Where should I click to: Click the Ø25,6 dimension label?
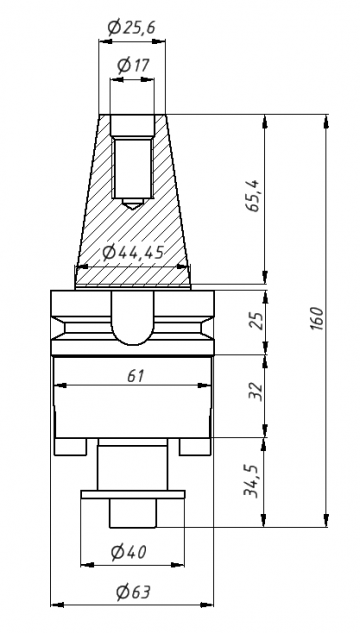click(x=132, y=27)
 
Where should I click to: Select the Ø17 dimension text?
click(x=133, y=65)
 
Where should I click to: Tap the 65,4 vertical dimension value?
click(x=255, y=196)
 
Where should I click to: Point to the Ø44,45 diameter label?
click(x=133, y=253)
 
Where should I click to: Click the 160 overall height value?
click(x=318, y=319)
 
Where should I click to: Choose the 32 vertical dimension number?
click(x=255, y=391)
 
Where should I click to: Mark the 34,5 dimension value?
click(x=252, y=481)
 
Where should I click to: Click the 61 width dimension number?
click(x=136, y=376)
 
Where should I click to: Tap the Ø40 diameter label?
click(x=129, y=552)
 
